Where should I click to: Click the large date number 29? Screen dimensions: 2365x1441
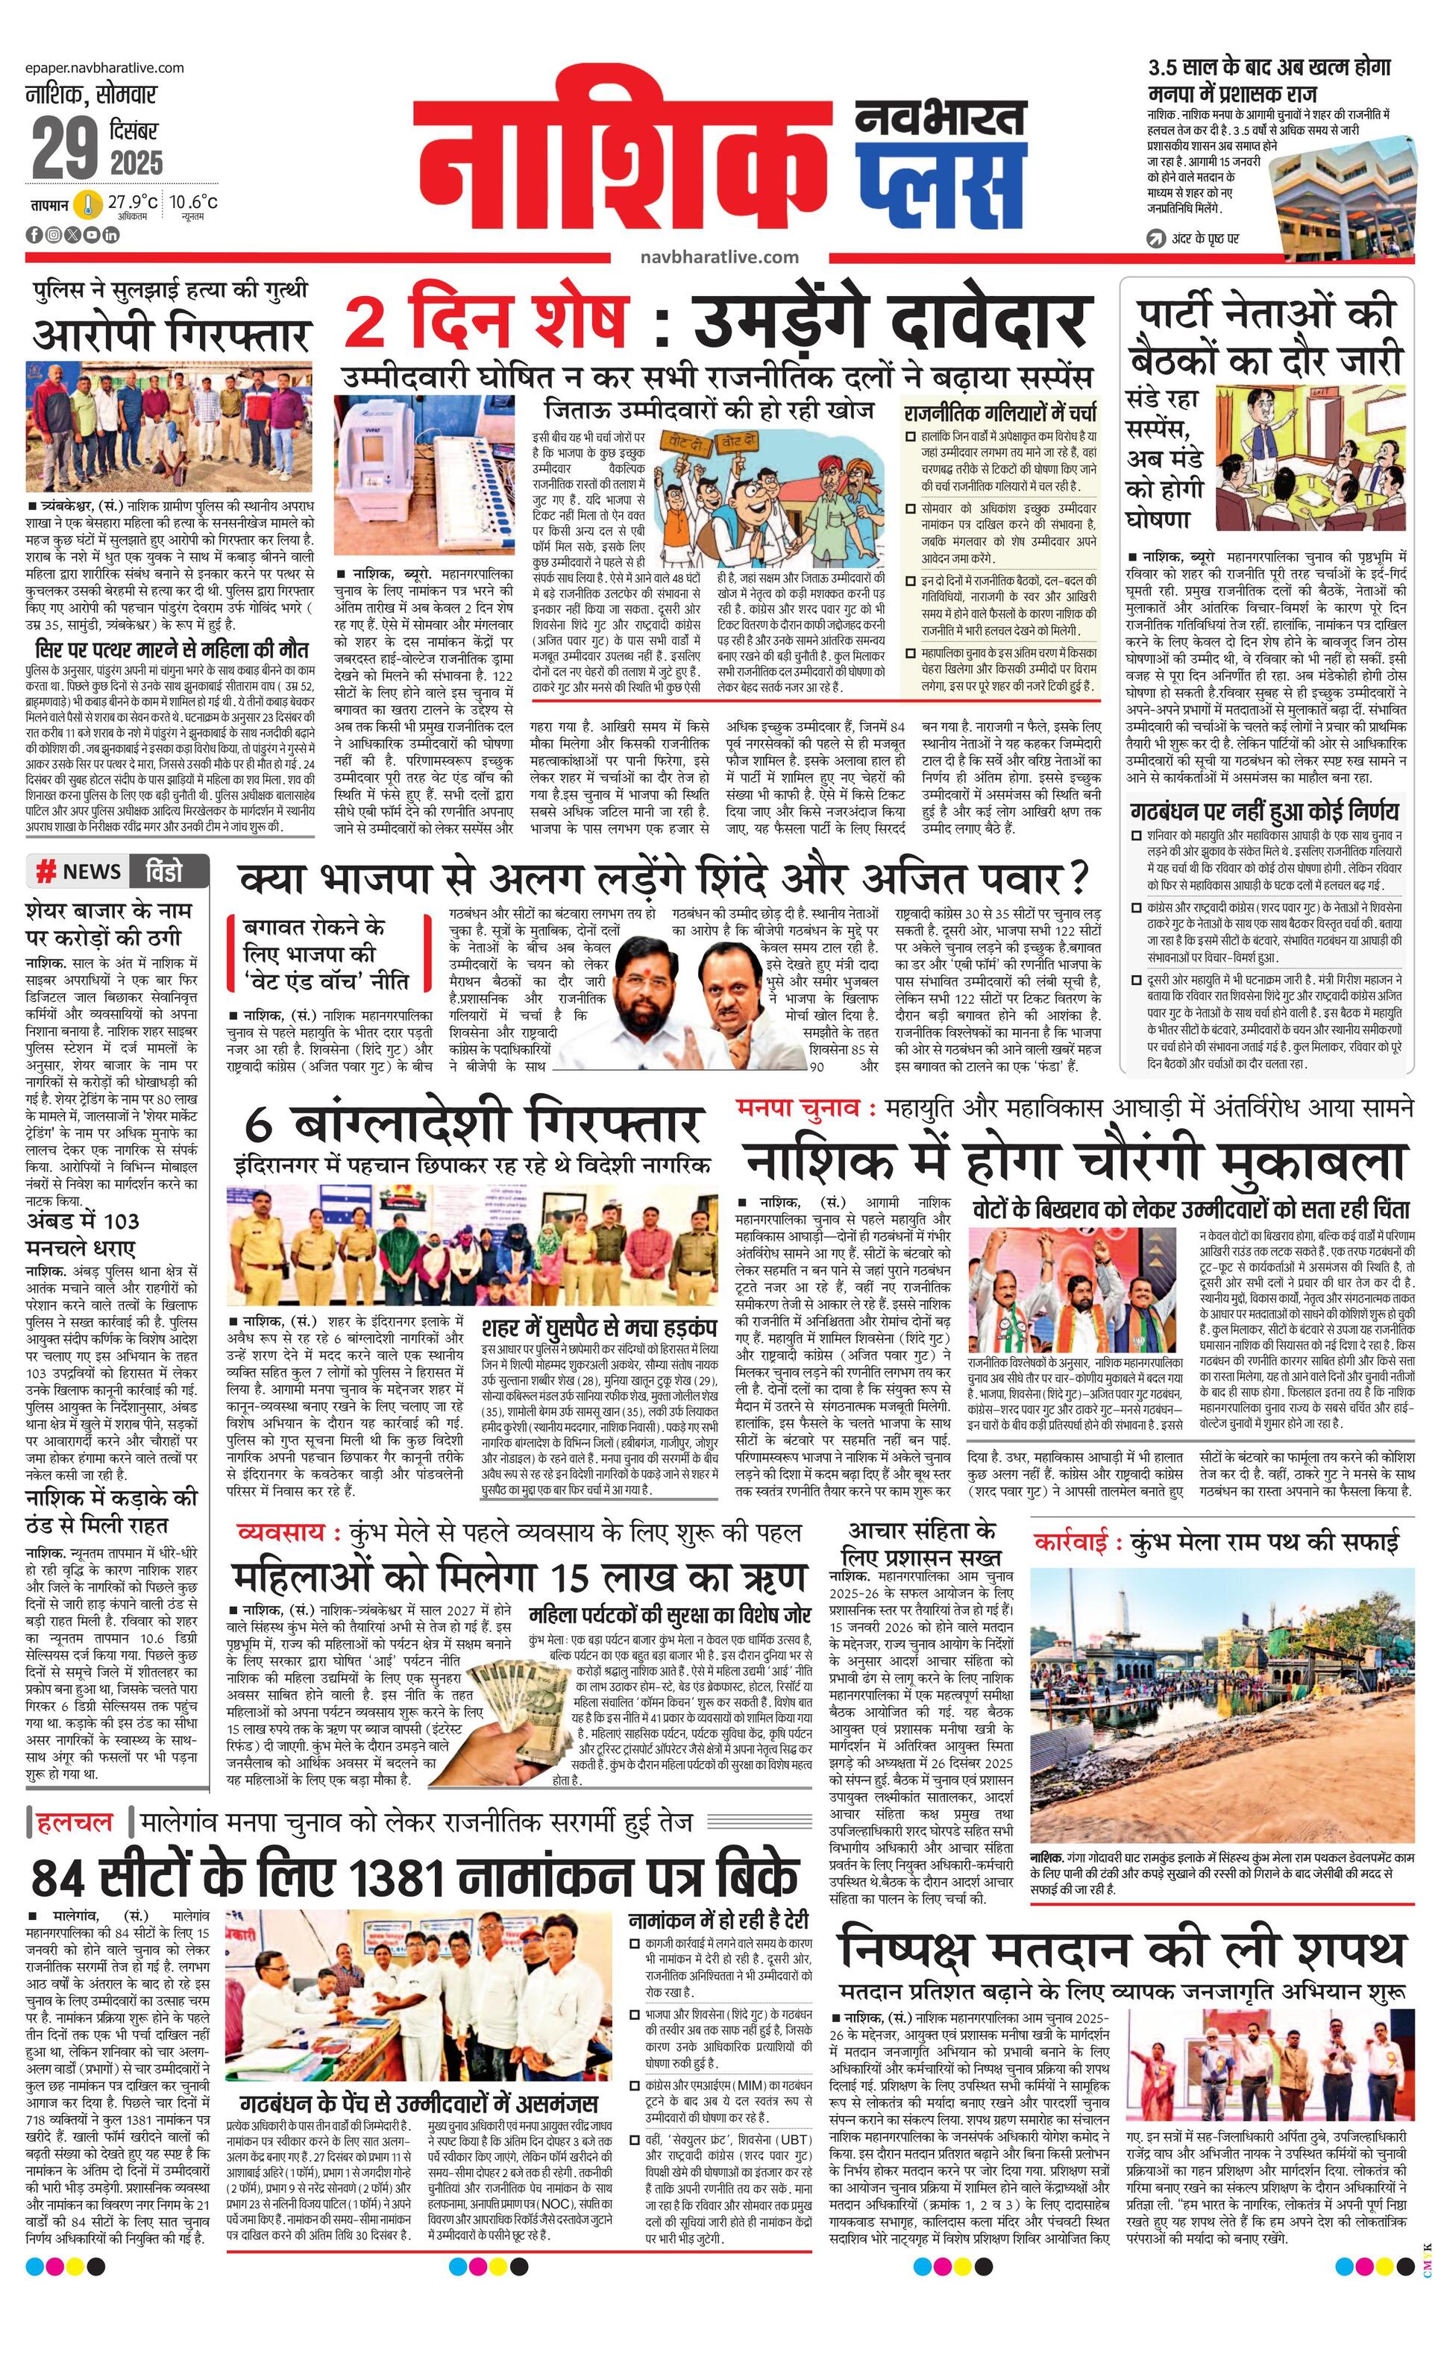coord(64,149)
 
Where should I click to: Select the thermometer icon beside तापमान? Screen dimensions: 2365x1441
coord(90,205)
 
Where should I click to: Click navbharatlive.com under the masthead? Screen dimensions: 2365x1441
coord(719,257)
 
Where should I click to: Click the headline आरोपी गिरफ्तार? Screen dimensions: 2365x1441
coord(171,337)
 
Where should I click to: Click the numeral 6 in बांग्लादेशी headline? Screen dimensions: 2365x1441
coord(262,1127)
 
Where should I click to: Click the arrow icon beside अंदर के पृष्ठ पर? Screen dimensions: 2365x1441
coord(1158,238)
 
